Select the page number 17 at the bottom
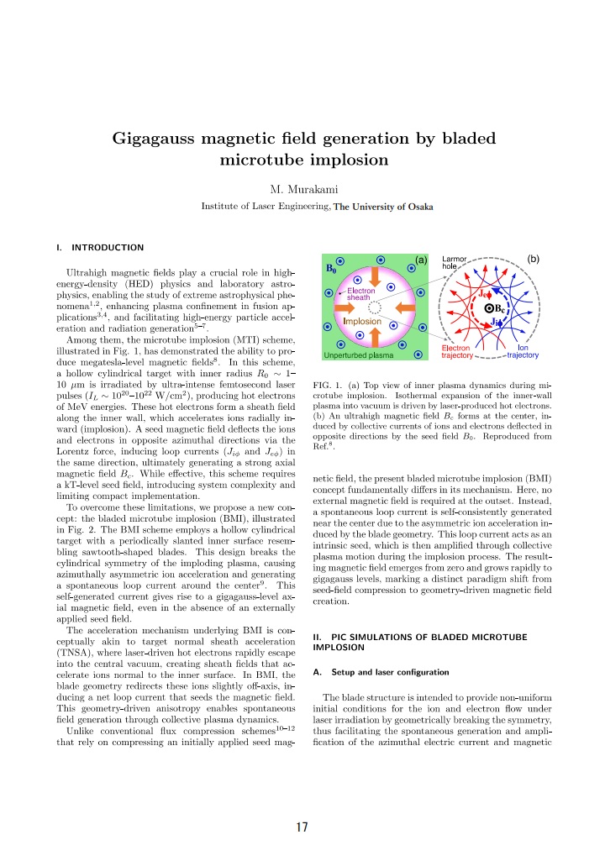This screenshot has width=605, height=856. (x=302, y=827)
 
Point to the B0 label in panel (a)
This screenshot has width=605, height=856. (x=334, y=269)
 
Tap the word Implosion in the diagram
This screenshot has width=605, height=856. (x=361, y=321)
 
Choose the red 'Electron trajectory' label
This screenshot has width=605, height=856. (x=456, y=351)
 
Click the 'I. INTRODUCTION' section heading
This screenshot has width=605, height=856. (x=98, y=247)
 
